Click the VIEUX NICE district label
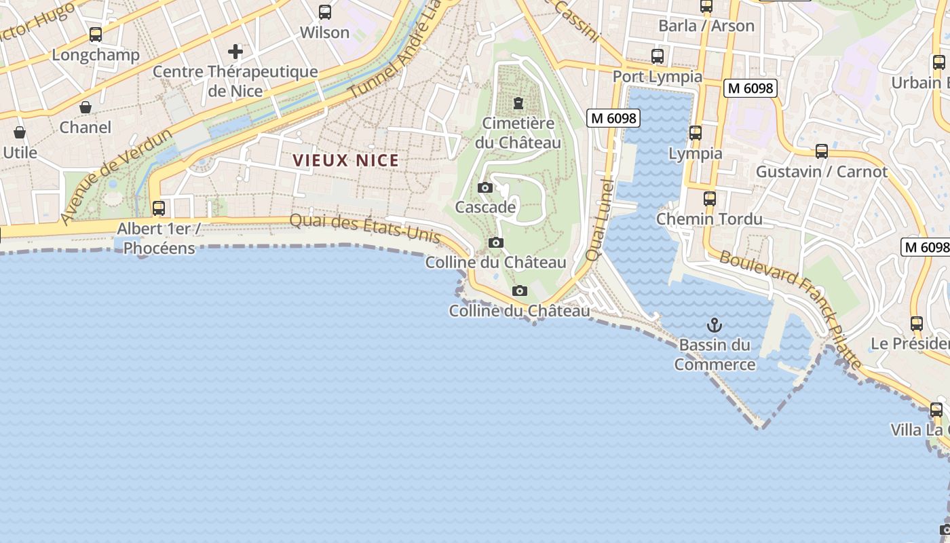[346, 161]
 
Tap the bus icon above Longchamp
[96, 35]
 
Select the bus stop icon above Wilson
[325, 12]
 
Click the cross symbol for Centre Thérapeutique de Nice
[235, 52]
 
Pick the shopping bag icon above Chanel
[85, 107]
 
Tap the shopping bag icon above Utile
[20, 132]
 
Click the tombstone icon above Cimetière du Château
[518, 103]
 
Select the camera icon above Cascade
[485, 187]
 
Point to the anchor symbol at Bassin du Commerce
[714, 325]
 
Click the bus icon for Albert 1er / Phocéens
[159, 208]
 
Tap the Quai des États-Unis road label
[366, 229]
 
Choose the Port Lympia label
[658, 76]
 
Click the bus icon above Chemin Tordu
[710, 199]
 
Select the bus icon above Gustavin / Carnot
[822, 151]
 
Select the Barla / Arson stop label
[706, 26]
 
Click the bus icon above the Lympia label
[696, 133]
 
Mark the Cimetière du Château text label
[518, 133]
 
